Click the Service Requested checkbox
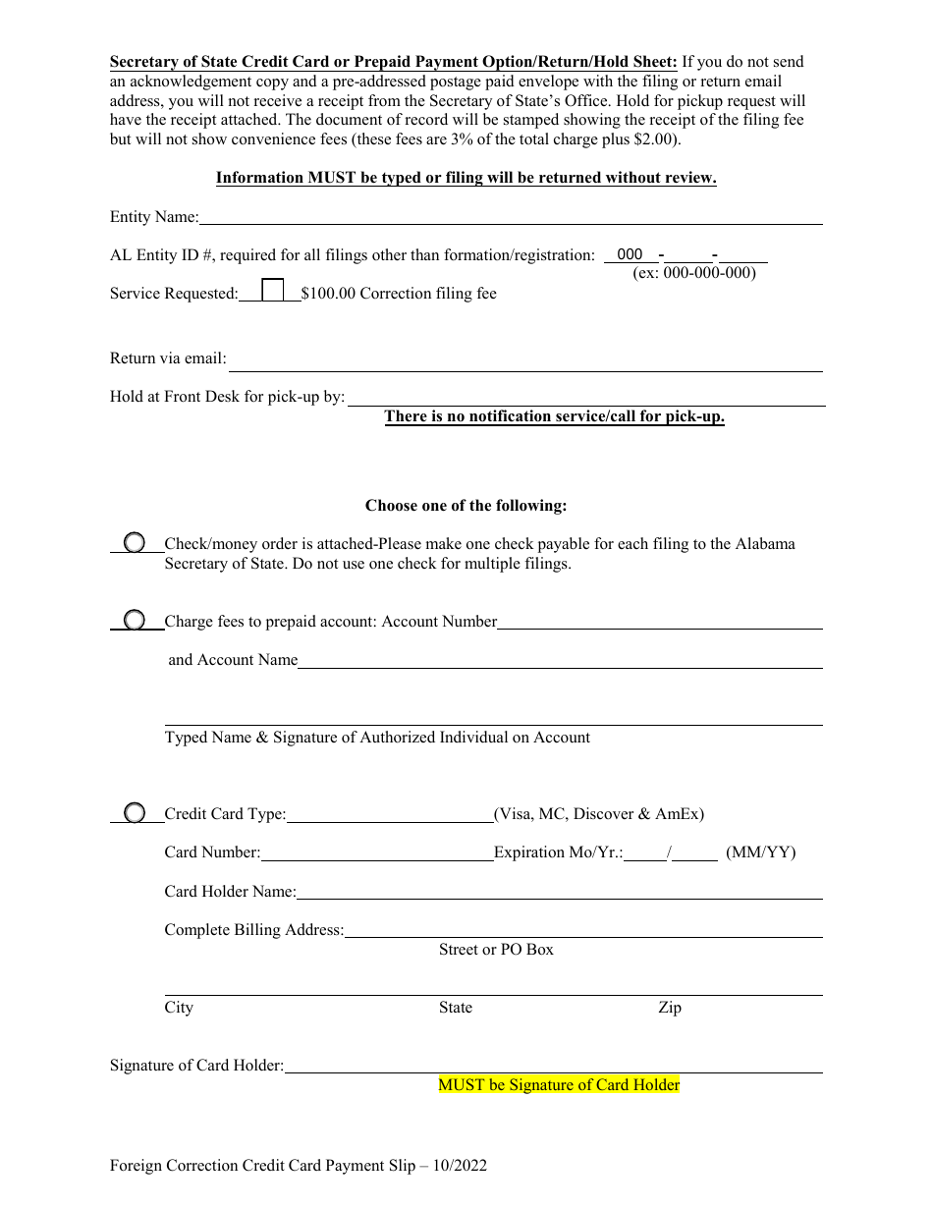273,291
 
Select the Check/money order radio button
134,542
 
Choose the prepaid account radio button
134,620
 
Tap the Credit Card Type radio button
134,812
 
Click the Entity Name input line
511,217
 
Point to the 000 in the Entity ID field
630,254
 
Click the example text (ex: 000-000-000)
694,273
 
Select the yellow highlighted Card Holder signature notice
559,1085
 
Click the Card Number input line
377,852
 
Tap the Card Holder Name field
559,892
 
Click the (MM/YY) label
761,852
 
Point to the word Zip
670,1008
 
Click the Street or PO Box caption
496,950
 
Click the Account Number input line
660,622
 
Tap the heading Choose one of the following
466,506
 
